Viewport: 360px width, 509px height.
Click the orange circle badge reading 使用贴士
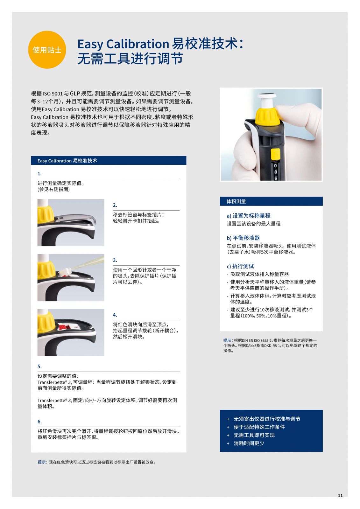coord(47,50)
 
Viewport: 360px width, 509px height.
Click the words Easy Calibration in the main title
coord(123,44)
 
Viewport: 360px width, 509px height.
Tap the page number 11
coord(340,495)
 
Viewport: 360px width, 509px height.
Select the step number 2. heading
coord(115,205)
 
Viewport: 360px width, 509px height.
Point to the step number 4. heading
coord(115,315)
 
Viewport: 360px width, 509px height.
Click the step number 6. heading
coord(39,422)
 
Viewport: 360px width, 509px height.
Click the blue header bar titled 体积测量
coord(271,201)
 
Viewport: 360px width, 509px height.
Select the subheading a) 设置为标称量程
coord(249,216)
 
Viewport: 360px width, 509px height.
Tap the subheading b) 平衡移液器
coord(243,238)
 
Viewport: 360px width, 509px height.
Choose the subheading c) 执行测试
coord(240,266)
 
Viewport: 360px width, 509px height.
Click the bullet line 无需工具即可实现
coord(254,435)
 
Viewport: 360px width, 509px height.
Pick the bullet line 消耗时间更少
coord(249,443)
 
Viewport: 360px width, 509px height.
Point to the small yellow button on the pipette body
coord(275,154)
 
